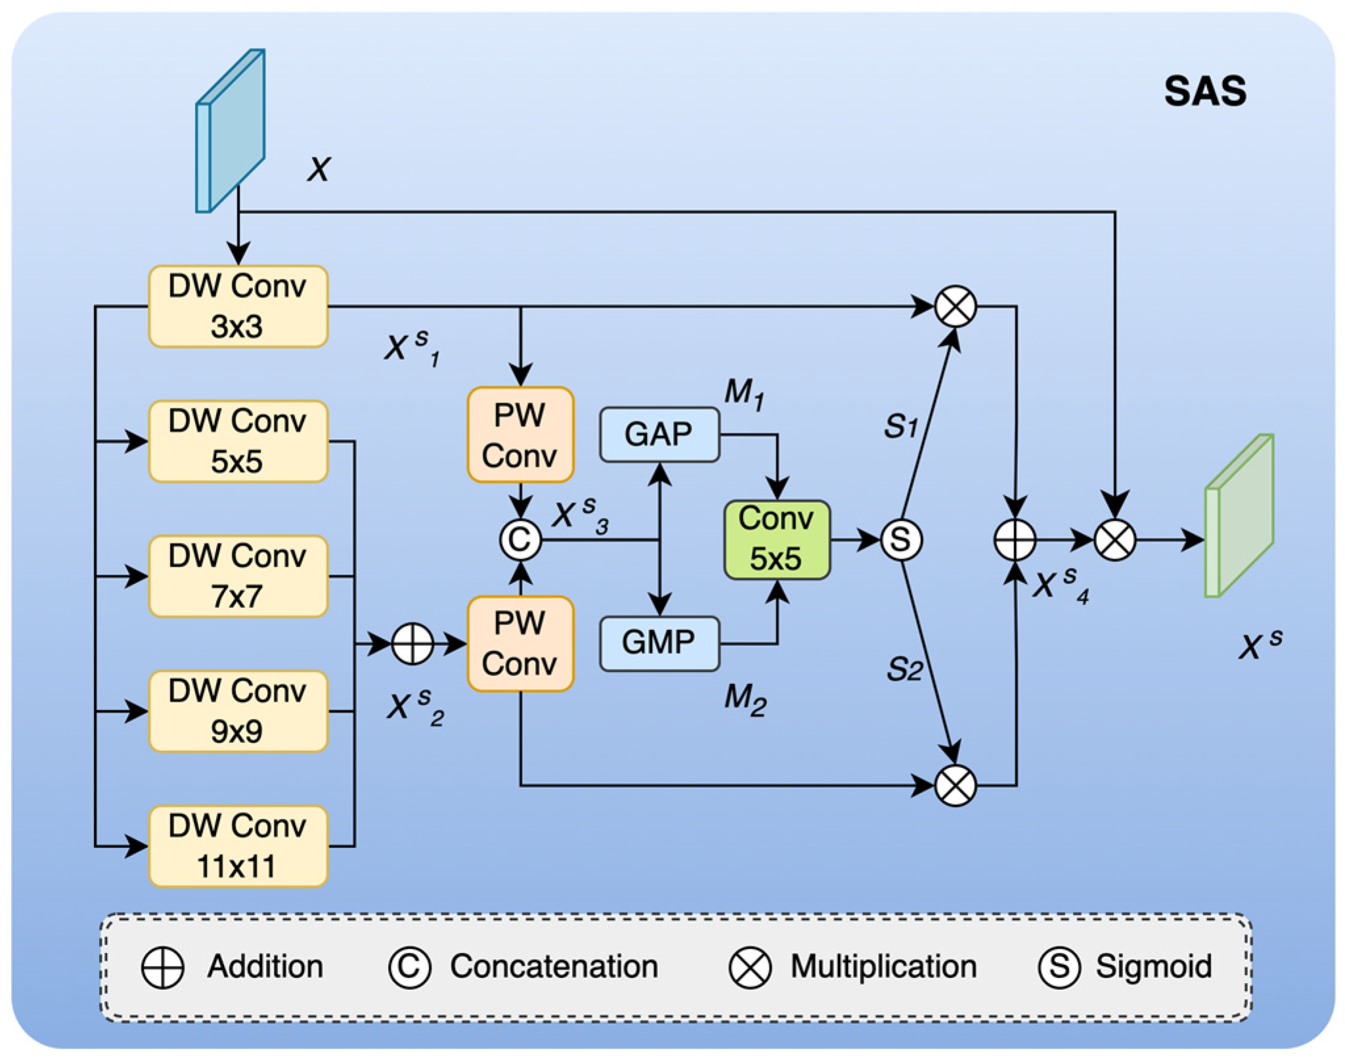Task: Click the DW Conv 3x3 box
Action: (x=238, y=306)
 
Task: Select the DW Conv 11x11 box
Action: (x=238, y=846)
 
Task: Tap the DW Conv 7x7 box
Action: (x=238, y=576)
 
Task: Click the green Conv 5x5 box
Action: (x=776, y=540)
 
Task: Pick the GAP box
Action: (x=659, y=435)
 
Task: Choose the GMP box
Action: (x=659, y=643)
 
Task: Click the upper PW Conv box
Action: (x=520, y=435)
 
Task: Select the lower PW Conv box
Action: (x=520, y=643)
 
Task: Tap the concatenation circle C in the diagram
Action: (x=520, y=540)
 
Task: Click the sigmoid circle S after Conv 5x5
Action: (x=901, y=540)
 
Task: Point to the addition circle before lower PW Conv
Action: (x=412, y=643)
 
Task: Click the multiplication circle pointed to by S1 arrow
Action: (x=955, y=306)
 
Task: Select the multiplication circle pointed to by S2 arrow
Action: (x=955, y=785)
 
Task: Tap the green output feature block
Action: (x=1240, y=516)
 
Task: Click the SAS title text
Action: (x=1205, y=91)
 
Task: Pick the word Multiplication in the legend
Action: (x=883, y=966)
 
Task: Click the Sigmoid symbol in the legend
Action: (x=1059, y=967)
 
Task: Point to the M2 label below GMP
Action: (x=745, y=698)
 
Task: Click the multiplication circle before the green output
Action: (x=1114, y=540)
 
